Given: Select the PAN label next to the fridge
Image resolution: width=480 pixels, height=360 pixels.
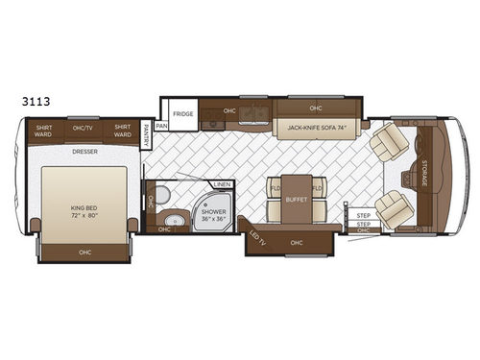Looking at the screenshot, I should click(161, 125).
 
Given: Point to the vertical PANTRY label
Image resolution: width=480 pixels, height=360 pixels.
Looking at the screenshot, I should click(146, 132).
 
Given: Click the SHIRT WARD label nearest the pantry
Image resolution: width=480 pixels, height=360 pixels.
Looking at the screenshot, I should click(121, 131).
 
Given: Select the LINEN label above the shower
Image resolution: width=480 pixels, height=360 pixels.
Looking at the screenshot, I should click(221, 184).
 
